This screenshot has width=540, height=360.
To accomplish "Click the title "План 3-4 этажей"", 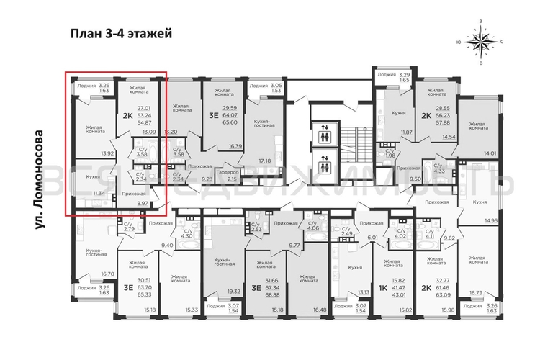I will [x=121, y=33].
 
